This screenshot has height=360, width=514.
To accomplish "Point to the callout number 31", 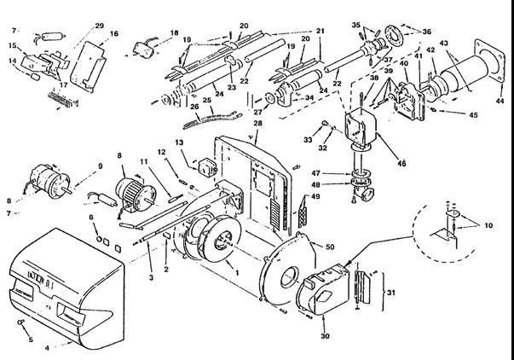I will [x=391, y=294].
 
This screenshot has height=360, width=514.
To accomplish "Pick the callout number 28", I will [x=257, y=125].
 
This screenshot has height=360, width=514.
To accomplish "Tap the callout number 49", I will [x=315, y=198].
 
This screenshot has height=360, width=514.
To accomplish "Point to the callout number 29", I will [x=100, y=26].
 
